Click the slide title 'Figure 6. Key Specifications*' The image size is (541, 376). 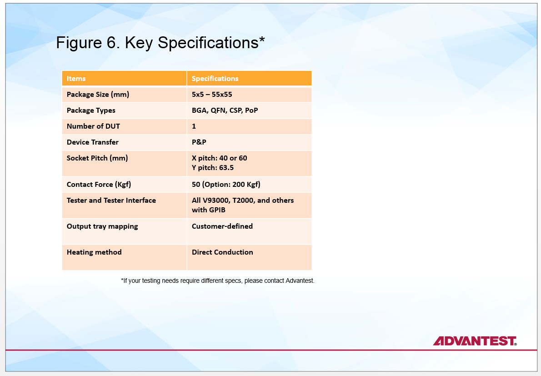click(x=160, y=43)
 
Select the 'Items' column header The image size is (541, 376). click(x=76, y=79)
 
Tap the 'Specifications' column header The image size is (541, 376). click(x=215, y=79)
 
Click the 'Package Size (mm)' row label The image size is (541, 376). click(x=98, y=95)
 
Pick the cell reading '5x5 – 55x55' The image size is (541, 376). click(x=212, y=95)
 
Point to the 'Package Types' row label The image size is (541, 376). click(x=91, y=110)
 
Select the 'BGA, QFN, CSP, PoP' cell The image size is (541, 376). click(x=225, y=110)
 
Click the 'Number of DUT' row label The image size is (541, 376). click(x=93, y=126)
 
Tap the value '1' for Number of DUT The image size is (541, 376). click(x=194, y=126)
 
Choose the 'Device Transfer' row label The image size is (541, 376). click(x=93, y=142)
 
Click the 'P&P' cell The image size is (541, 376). click(x=199, y=142)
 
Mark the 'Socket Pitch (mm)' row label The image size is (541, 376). click(x=97, y=158)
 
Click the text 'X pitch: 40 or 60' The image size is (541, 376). click(x=219, y=158)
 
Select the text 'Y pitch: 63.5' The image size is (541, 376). click(x=213, y=168)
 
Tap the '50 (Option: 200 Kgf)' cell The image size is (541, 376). click(x=226, y=185)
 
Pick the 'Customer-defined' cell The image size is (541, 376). click(x=222, y=226)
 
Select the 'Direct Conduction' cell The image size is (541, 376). click(x=222, y=252)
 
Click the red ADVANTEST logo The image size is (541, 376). click(x=475, y=341)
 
